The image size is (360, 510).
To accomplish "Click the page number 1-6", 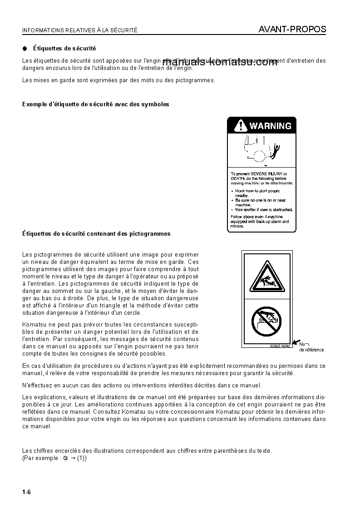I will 26,492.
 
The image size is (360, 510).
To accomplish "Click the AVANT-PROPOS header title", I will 292,30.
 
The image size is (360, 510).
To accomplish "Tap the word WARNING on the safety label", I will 271,126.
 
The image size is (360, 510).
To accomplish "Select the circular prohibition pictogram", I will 266,322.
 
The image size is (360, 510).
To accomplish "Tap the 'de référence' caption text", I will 311,350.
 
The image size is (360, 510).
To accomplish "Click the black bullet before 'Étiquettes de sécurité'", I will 25,48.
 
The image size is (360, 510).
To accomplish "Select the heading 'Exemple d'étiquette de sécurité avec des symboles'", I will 96,104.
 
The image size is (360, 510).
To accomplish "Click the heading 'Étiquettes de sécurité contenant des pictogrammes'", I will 96,234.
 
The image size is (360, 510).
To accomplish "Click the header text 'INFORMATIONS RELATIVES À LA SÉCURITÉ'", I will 80,30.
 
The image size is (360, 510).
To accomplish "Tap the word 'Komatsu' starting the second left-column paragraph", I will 34,324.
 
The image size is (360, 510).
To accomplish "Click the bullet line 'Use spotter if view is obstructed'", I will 263,209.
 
